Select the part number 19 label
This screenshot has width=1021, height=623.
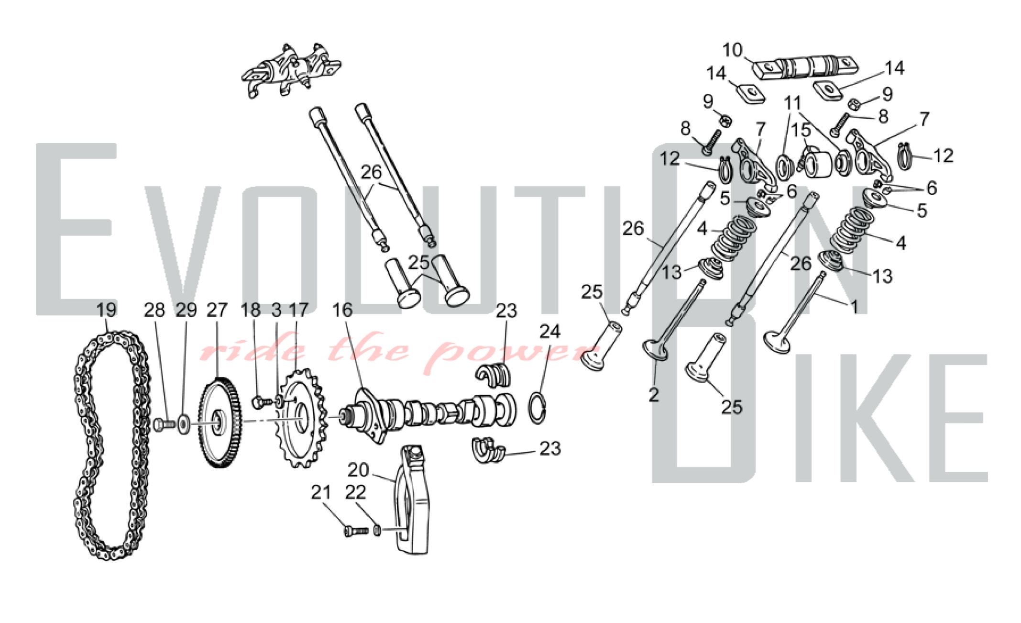coord(106,310)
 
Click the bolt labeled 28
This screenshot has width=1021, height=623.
coord(164,424)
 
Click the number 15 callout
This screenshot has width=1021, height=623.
coord(801,130)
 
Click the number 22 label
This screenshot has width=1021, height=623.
coord(355,492)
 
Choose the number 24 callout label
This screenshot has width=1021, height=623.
coord(550,331)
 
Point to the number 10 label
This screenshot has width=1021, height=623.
coord(732,50)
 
